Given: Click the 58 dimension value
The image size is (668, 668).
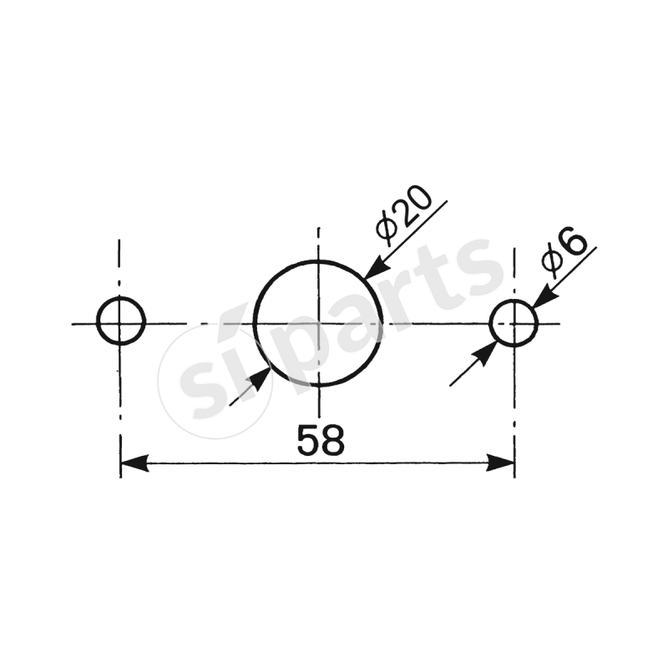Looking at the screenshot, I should tap(320, 440).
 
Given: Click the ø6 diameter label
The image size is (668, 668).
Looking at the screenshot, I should tap(564, 251).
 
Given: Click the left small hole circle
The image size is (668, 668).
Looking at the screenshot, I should tap(121, 321).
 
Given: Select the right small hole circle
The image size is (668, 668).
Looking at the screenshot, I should tap(513, 322).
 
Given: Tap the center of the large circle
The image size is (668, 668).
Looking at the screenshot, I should tap(318, 323).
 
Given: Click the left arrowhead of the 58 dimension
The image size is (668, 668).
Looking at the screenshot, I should tap(134, 463).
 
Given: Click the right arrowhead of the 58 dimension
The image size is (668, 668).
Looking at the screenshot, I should tap(500, 463).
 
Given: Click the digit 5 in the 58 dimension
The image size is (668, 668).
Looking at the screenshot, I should tap(308, 440).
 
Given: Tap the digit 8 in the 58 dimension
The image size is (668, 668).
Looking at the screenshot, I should tap(331, 440).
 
